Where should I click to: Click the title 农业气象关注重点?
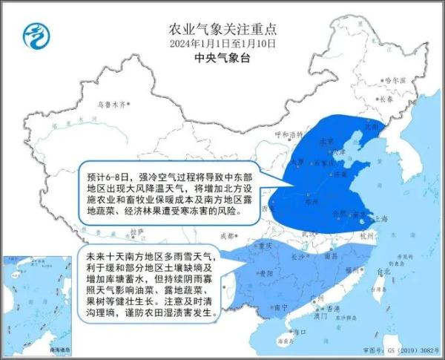coord(222,30)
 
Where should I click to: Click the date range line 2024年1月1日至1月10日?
coord(222,44)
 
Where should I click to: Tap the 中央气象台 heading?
coord(222,58)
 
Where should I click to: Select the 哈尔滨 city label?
coord(397,79)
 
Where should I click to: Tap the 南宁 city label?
coord(280,307)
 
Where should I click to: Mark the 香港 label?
coord(323,309)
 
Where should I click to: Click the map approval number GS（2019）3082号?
coord(410,348)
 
